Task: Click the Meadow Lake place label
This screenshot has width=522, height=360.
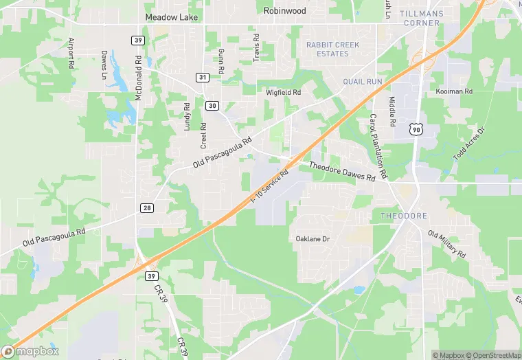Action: click(x=170, y=17)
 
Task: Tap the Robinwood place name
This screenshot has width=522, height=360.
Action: click(x=285, y=11)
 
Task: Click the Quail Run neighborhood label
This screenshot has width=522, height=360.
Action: click(x=362, y=81)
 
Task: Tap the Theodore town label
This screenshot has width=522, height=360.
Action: click(x=404, y=216)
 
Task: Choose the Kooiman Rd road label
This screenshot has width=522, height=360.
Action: click(x=454, y=91)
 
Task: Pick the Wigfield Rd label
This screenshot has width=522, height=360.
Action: click(x=284, y=92)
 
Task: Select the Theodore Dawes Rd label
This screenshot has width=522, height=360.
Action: click(x=341, y=172)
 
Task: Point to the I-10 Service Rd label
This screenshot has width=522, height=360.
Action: click(x=269, y=186)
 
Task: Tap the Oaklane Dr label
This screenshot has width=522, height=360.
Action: click(x=313, y=239)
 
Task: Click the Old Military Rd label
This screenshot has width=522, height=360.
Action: click(x=446, y=244)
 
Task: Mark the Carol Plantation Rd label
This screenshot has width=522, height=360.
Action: click(x=378, y=144)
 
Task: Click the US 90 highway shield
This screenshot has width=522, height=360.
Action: click(x=415, y=128)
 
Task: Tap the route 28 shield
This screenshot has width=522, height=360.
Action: click(x=148, y=207)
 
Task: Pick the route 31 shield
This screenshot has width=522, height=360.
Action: click(x=202, y=78)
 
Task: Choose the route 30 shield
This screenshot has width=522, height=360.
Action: click(x=212, y=105)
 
